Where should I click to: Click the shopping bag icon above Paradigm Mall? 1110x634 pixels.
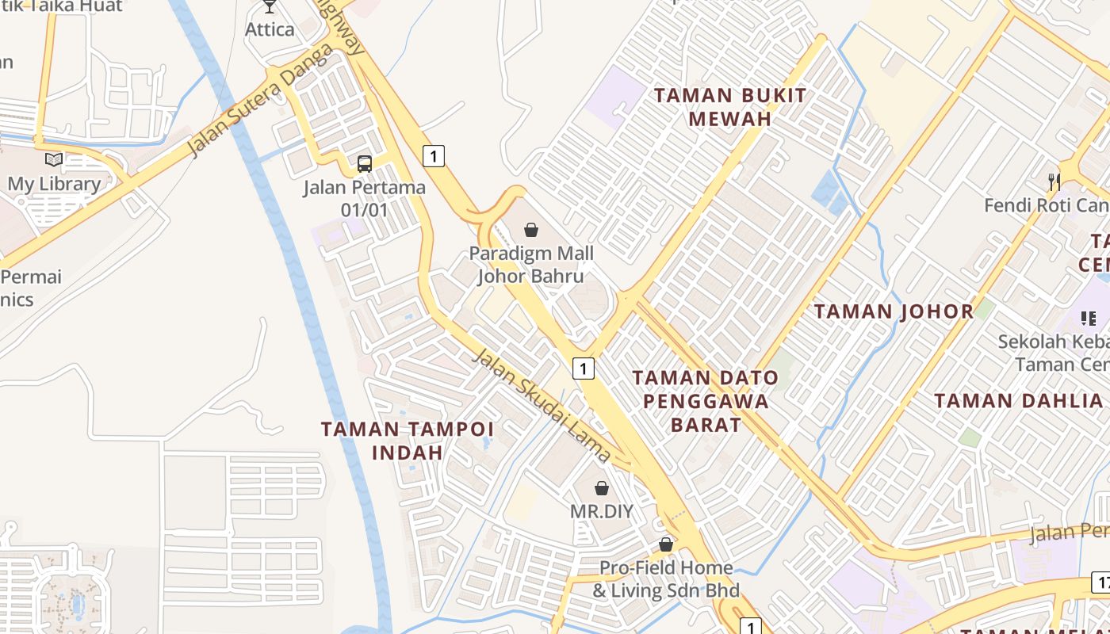click(x=531, y=230)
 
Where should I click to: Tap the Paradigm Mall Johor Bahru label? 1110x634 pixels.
click(x=531, y=265)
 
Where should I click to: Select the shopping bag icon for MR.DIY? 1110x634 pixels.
click(x=602, y=487)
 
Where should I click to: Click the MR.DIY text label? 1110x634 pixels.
click(x=602, y=511)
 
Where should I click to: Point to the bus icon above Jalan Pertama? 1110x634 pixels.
click(x=365, y=164)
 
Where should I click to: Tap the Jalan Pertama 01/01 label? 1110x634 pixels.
click(x=365, y=198)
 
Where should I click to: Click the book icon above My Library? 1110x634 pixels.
click(x=54, y=160)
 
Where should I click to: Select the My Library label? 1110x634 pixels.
click(x=54, y=184)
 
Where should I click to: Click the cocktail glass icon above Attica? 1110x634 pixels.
click(x=270, y=6)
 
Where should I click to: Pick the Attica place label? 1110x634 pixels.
click(x=270, y=29)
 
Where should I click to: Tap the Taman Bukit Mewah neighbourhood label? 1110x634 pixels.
click(x=730, y=107)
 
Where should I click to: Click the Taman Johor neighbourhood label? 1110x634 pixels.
click(x=894, y=311)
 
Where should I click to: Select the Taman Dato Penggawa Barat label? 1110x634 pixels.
click(x=706, y=401)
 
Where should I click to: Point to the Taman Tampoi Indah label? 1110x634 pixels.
click(x=408, y=441)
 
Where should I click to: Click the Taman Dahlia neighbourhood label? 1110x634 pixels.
click(x=1018, y=400)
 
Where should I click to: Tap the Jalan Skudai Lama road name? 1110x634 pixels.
click(x=542, y=405)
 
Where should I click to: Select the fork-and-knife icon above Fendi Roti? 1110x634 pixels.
click(x=1054, y=181)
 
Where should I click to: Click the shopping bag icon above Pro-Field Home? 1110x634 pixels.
click(x=666, y=544)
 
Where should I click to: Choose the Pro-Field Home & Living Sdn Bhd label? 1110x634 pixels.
click(x=666, y=579)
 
